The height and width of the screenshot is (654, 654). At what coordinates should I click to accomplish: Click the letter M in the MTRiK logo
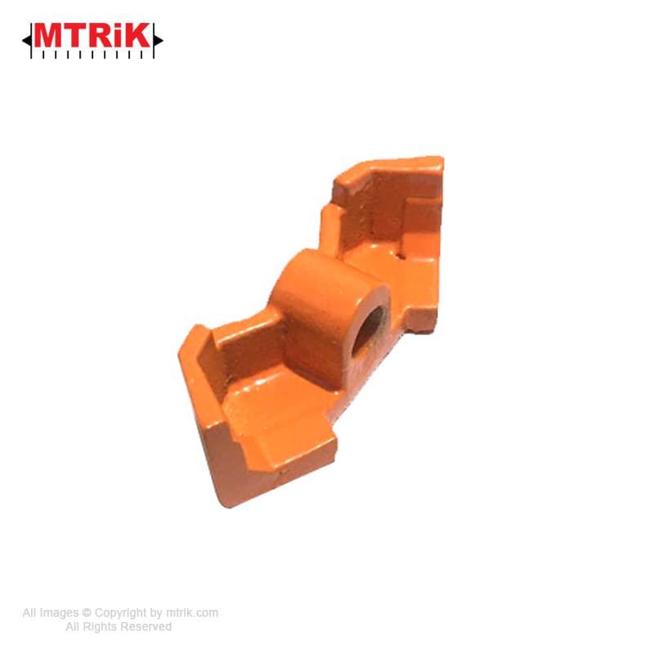pyautogui.click(x=48, y=35)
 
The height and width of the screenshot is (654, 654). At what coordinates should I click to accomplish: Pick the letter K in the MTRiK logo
pyautogui.click(x=137, y=35)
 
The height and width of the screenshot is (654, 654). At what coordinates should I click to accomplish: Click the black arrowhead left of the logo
pyautogui.click(x=26, y=40)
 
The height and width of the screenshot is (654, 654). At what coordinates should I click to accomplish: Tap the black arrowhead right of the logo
pyautogui.click(x=158, y=40)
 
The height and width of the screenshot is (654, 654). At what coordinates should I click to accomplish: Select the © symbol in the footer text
pyautogui.click(x=87, y=612)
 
